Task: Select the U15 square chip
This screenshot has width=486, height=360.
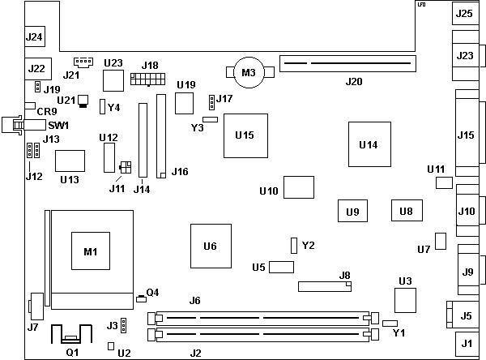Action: [245, 134]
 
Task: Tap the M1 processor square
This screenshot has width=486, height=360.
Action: [90, 251]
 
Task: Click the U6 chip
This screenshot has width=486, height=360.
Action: [211, 246]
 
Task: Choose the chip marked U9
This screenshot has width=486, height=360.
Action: [352, 212]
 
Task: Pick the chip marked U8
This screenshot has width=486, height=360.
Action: [406, 211]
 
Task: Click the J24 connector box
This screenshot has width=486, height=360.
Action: [34, 36]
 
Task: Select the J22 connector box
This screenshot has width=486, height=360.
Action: [35, 68]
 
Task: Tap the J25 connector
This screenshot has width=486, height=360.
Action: [464, 13]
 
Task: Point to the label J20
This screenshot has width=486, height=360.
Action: [354, 81]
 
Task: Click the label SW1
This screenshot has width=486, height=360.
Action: [58, 126]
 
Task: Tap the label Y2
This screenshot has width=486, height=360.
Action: [308, 245]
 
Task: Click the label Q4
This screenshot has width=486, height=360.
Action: [152, 292]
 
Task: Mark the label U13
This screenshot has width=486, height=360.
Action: [69, 179]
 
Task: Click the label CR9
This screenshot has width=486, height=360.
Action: [46, 110]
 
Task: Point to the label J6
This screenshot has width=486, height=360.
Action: [194, 301]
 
